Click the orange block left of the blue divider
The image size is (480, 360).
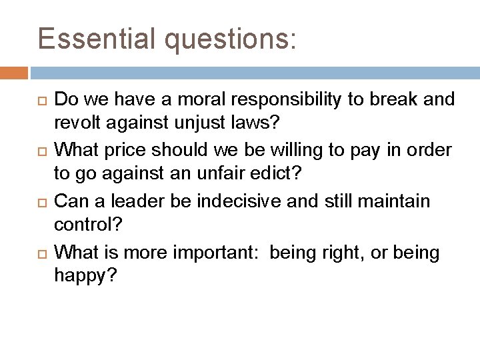click(14, 71)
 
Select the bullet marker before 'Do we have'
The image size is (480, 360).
click(41, 101)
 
